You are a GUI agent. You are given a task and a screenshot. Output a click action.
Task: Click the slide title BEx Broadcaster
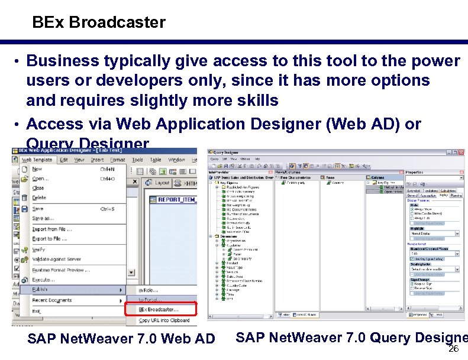click(99, 23)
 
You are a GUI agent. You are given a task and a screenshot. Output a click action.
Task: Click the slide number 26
click(454, 349)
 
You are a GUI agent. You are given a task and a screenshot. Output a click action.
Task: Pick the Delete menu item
click(38, 198)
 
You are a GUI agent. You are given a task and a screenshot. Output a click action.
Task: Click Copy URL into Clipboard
click(164, 320)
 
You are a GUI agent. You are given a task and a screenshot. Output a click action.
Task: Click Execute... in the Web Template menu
click(44, 280)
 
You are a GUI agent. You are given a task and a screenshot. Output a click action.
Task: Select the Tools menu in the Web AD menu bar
click(137, 160)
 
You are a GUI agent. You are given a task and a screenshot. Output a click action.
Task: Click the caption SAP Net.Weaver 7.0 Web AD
click(121, 339)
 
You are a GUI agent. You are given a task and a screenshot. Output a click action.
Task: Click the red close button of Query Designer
click(461, 152)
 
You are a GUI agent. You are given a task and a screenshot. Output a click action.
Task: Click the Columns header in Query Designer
click(378, 177)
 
